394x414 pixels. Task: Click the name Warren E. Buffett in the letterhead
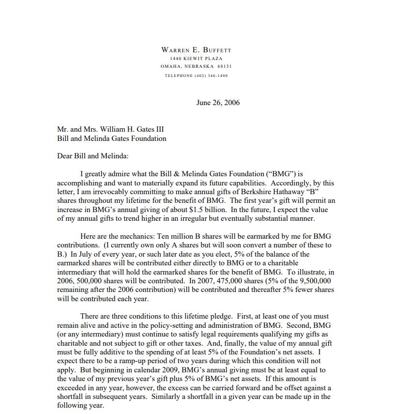coord(197,50)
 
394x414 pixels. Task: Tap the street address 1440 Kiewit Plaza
coord(197,58)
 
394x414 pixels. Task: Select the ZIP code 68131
coord(225,66)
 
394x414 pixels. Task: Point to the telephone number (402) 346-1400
coord(211,76)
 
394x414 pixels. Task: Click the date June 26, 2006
coord(218,103)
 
